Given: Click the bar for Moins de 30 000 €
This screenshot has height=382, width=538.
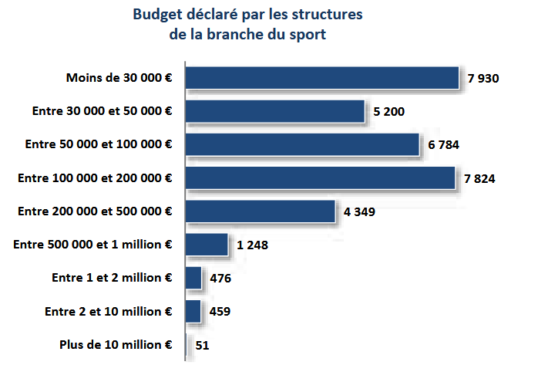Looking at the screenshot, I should [x=322, y=78].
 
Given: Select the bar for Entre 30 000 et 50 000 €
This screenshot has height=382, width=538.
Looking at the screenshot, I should [x=274, y=111].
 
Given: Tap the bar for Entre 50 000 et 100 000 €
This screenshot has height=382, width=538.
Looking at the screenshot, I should [x=302, y=144].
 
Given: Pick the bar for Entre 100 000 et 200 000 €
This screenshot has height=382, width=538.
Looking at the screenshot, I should [x=320, y=177].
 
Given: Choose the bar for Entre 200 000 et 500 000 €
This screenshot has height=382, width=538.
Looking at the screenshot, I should [x=260, y=211].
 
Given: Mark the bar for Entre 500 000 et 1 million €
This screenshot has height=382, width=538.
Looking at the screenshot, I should [x=207, y=245].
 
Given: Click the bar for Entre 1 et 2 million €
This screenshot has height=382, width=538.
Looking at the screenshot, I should [x=193, y=278].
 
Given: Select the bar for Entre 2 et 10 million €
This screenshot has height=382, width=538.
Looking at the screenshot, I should [x=193, y=311].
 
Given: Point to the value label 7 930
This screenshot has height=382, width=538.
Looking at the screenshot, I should [x=483, y=79].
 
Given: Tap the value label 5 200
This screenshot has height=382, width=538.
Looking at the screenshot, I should [x=388, y=112].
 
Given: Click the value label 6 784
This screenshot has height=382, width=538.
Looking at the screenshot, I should [x=443, y=145].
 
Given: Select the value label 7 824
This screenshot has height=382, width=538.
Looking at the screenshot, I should [x=479, y=178].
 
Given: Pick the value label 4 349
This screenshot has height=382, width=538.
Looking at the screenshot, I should [x=359, y=211].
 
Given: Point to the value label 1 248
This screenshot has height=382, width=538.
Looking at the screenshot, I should [x=252, y=245].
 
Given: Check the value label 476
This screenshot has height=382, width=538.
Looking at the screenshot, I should [x=220, y=279].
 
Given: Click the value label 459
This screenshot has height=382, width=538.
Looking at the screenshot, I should [x=220, y=312].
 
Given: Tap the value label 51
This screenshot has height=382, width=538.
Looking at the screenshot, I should [x=202, y=345].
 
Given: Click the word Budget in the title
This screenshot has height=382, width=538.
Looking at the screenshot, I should [x=154, y=15].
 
